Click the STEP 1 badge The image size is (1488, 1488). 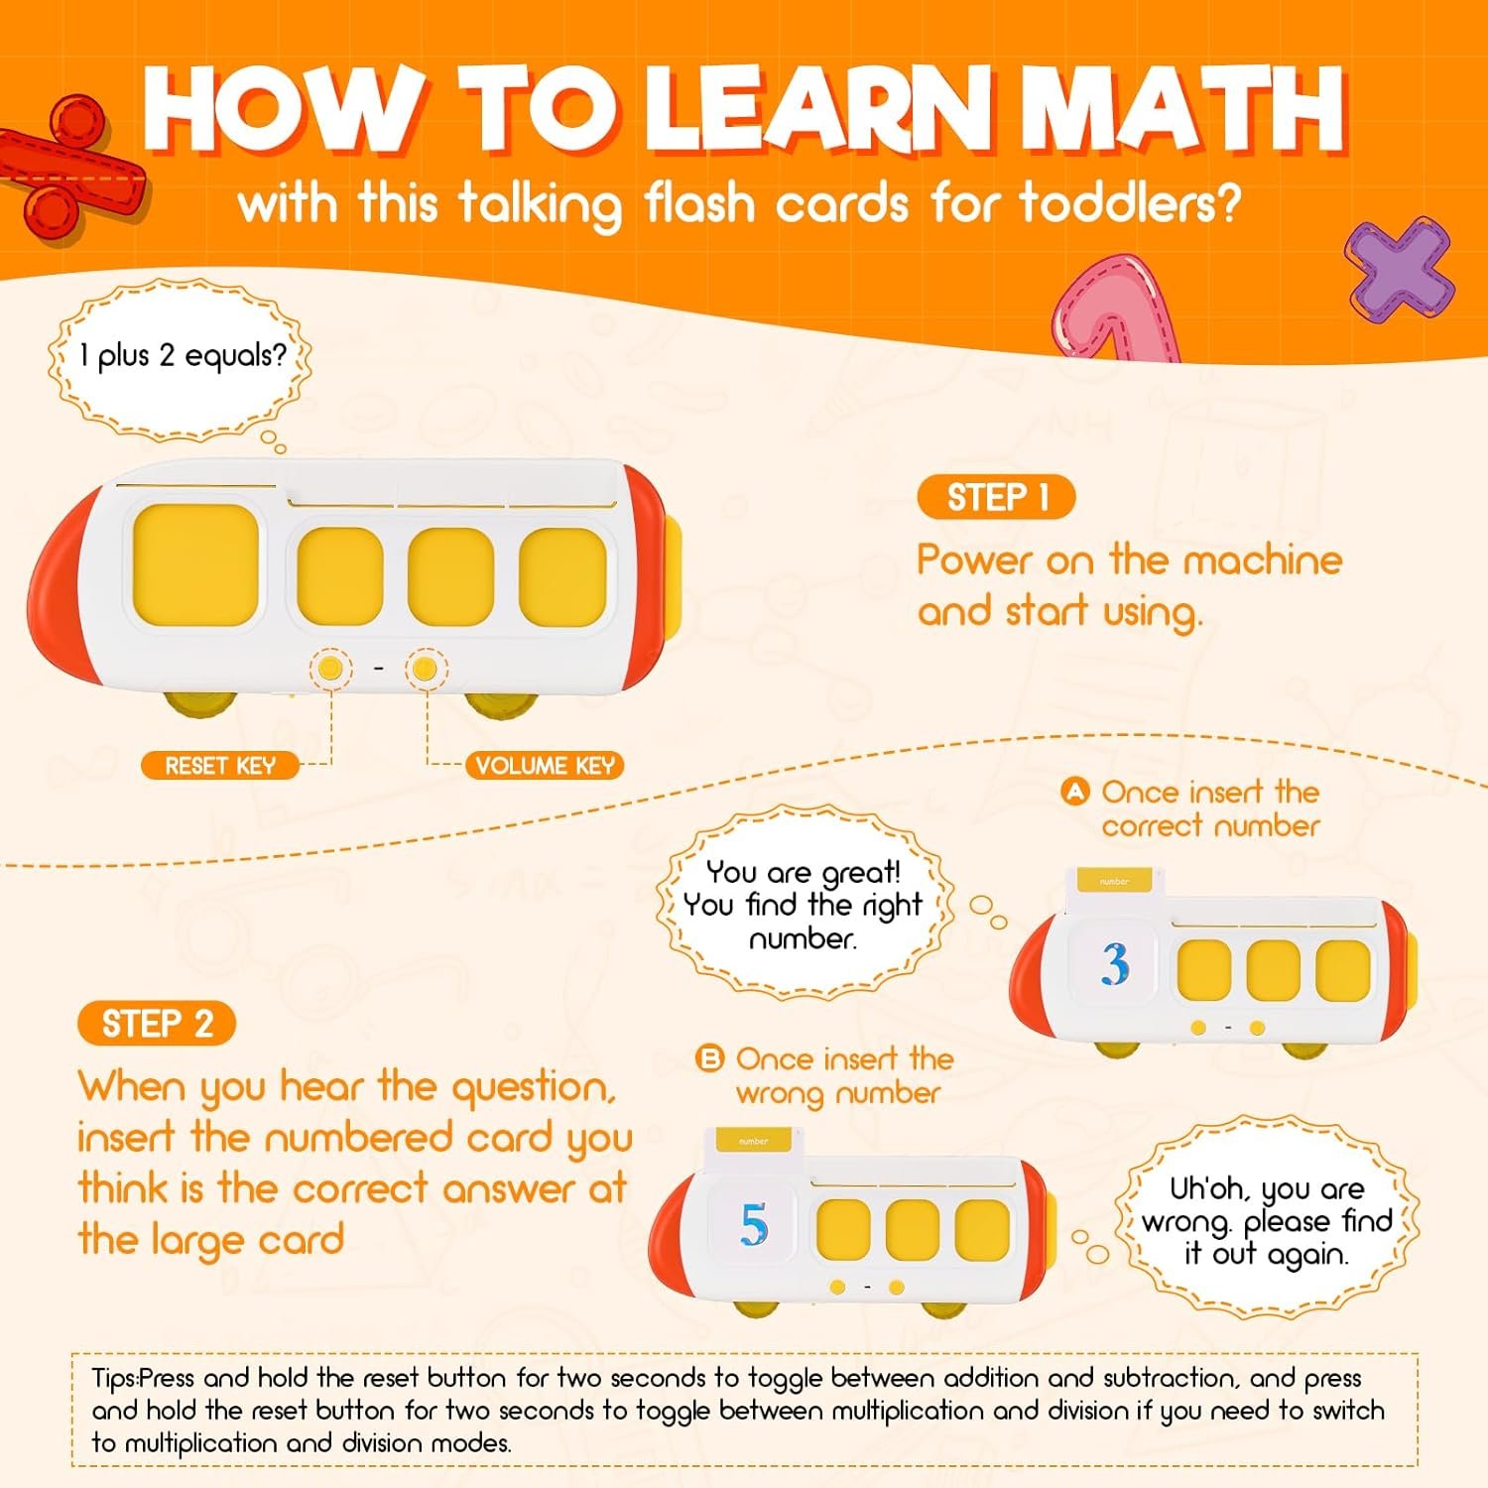[996, 497]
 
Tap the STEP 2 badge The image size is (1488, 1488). [157, 1023]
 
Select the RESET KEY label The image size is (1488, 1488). [219, 765]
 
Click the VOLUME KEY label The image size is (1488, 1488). [545, 765]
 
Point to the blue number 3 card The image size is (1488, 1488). [1115, 963]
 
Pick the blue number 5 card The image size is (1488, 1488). [754, 1224]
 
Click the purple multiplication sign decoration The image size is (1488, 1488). [1400, 266]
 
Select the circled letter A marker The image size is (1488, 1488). [1075, 792]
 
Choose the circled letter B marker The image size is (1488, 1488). [710, 1059]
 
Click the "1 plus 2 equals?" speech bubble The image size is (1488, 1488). [180, 358]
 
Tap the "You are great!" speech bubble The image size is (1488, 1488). [804, 904]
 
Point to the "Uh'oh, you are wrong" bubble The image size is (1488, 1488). [1267, 1219]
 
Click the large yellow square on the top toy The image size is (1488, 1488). [196, 564]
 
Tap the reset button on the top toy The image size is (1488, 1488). [330, 669]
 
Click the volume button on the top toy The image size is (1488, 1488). [425, 669]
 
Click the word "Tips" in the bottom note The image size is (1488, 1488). [114, 1379]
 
